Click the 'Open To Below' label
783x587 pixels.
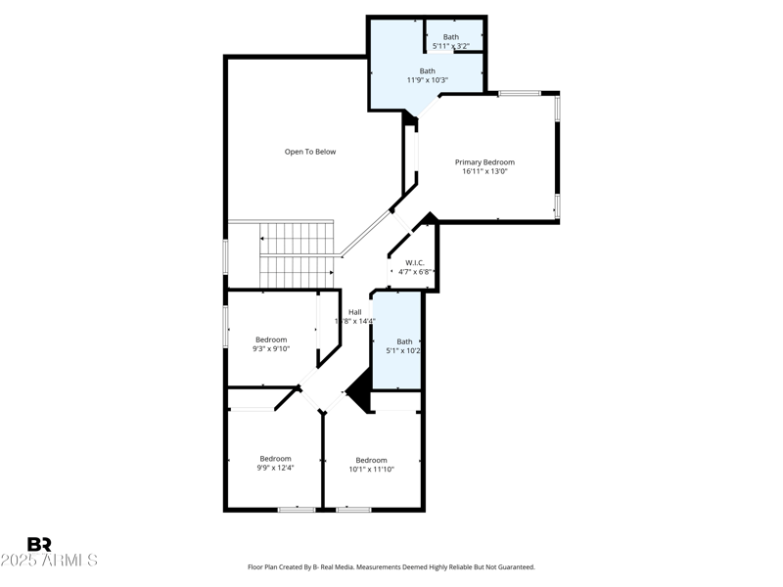tap(310, 152)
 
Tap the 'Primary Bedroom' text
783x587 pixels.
tap(484, 162)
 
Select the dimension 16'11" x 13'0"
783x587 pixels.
tap(484, 171)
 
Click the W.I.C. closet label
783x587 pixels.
tap(414, 262)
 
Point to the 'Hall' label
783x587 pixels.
tap(354, 312)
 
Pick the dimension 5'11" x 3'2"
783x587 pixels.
tap(450, 46)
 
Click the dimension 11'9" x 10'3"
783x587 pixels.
tap(428, 79)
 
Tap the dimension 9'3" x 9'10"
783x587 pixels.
tap(271, 348)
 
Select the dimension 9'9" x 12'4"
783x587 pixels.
tap(275, 468)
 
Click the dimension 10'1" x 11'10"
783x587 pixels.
tap(371, 469)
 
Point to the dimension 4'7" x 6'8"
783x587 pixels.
tap(414, 271)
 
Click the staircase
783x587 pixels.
tap(298, 255)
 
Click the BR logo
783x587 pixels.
tap(39, 544)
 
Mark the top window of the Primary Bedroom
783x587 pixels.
tap(520, 94)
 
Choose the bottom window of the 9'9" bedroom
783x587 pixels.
tap(296, 509)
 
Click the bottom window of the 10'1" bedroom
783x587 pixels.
tap(353, 509)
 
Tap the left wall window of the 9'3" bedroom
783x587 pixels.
tap(226, 326)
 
